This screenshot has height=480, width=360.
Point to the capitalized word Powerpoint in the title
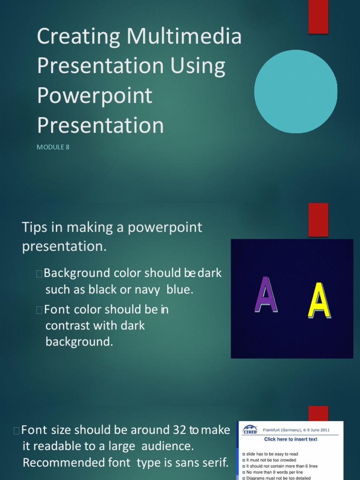coord(95,96)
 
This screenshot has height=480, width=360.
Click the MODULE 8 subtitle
coord(53,147)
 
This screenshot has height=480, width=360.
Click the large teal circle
coord(295,91)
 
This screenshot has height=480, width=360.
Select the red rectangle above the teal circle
coord(318,17)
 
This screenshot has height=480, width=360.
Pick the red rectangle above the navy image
coord(318,219)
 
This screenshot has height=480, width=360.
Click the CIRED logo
coord(250,430)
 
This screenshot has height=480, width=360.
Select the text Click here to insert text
coord(291,439)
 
